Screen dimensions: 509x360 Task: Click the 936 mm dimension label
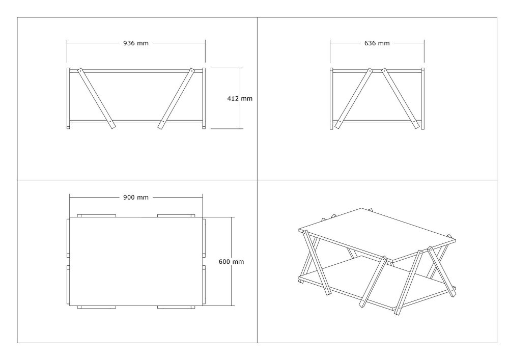(136, 43)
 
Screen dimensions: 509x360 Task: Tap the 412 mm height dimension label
(240, 98)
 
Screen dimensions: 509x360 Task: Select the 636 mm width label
(377, 43)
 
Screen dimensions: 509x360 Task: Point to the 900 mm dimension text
(136, 198)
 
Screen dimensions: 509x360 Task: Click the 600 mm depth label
(231, 262)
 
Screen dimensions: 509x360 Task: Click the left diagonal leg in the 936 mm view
(97, 99)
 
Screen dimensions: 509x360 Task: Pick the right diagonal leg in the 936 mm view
(176, 98)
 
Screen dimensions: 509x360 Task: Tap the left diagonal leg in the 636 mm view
(354, 98)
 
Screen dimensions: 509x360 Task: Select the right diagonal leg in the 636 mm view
(400, 99)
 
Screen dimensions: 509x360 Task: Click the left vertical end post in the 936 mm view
(68, 98)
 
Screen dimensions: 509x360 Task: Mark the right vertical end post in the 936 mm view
(204, 98)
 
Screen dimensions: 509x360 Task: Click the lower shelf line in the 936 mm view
(136, 122)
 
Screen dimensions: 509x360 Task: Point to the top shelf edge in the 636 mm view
(377, 71)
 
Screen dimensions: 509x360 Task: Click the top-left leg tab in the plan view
(96, 215)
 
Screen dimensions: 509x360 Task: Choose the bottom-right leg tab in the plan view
(176, 307)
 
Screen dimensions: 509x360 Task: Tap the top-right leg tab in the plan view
(176, 215)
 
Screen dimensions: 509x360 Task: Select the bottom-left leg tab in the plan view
(96, 307)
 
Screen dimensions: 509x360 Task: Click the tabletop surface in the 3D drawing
(377, 234)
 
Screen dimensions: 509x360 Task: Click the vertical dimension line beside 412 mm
(241, 98)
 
